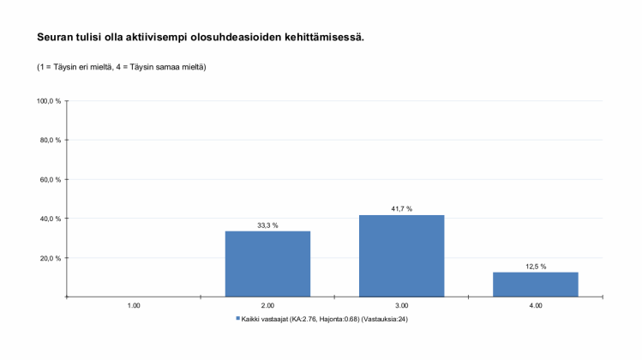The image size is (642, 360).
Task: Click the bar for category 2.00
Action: tap(267, 264)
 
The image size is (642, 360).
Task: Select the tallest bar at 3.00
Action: tap(401, 255)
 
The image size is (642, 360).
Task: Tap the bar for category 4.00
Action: tap(535, 284)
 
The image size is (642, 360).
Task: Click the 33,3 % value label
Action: tap(267, 225)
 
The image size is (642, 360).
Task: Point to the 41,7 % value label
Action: tap(401, 209)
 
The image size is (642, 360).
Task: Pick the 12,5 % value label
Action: tap(535, 267)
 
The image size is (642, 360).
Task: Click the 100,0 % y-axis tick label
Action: tap(49, 101)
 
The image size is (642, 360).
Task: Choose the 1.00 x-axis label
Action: tap(134, 305)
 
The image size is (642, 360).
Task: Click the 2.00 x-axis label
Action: tap(267, 305)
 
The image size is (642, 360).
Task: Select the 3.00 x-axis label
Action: tap(401, 305)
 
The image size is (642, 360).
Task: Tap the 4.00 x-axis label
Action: tap(535, 305)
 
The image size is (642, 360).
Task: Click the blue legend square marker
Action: tap(237, 319)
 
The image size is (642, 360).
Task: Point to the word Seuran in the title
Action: tap(54, 38)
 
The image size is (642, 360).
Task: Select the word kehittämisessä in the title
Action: tap(322, 38)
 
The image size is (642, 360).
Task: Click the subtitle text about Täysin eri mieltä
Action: tap(121, 67)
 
